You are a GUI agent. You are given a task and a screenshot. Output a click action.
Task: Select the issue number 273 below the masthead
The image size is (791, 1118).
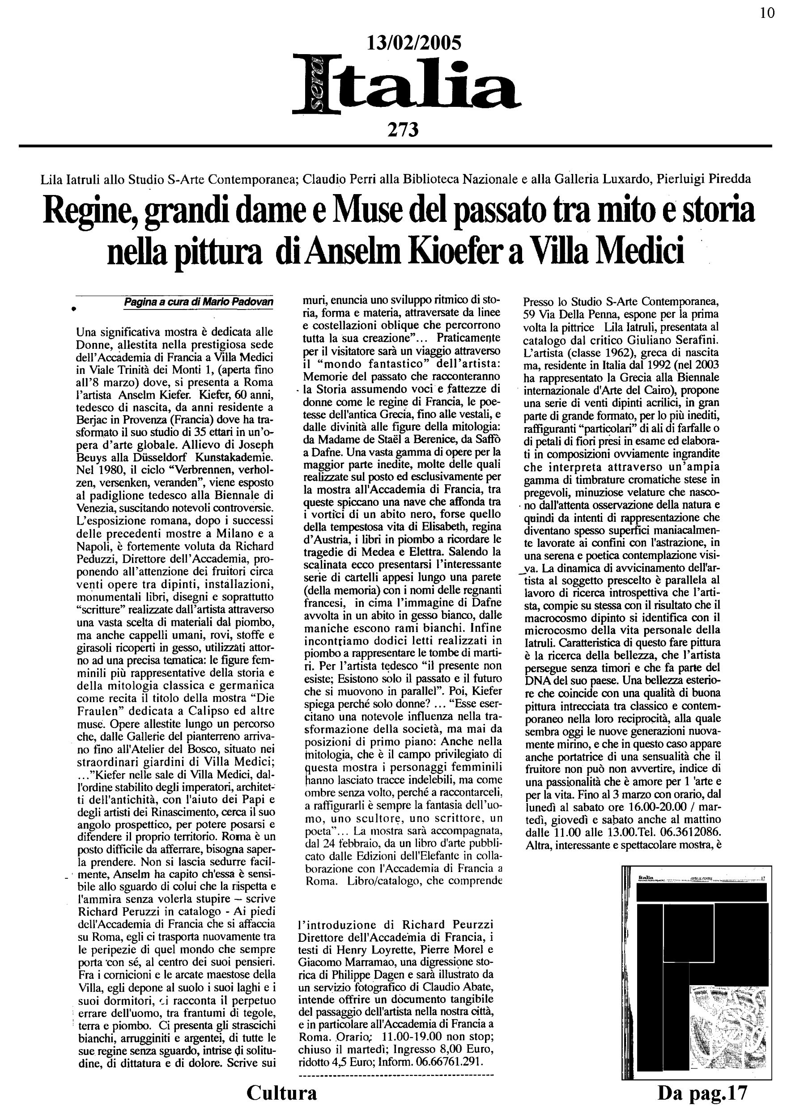[403, 130]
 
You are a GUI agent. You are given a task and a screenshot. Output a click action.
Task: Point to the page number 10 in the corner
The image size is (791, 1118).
[767, 13]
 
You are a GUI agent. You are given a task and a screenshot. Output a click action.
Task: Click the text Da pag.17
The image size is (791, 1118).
[702, 1092]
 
